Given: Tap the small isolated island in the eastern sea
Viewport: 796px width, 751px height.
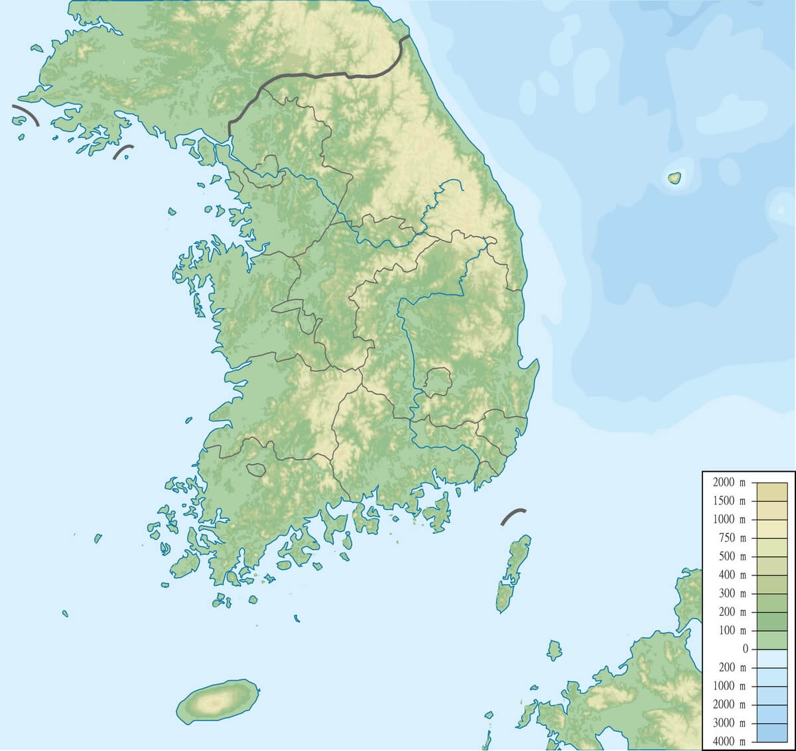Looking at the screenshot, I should pyautogui.click(x=674, y=178).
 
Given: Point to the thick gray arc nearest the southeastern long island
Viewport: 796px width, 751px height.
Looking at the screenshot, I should pyautogui.click(x=513, y=516).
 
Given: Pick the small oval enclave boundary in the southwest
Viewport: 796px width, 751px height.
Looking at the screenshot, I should pyautogui.click(x=255, y=469).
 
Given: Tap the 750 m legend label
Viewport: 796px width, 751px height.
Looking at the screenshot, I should pyautogui.click(x=732, y=538).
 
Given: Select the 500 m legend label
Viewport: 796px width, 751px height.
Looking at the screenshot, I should pyautogui.click(x=732, y=557).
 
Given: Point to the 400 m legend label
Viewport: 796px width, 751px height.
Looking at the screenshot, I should pyautogui.click(x=732, y=575).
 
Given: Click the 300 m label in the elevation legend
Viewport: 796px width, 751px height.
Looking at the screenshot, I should pyautogui.click(x=732, y=594).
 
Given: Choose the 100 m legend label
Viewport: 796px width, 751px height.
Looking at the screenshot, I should pyautogui.click(x=732, y=630).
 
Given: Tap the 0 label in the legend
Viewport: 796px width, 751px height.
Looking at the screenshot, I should pyautogui.click(x=745, y=649).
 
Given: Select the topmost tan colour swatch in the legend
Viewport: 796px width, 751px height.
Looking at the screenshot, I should pyautogui.click(x=768, y=492).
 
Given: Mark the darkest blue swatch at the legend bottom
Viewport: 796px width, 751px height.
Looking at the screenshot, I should pyautogui.click(x=768, y=732).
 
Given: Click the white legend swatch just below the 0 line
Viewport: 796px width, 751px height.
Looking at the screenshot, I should pyautogui.click(x=768, y=658).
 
